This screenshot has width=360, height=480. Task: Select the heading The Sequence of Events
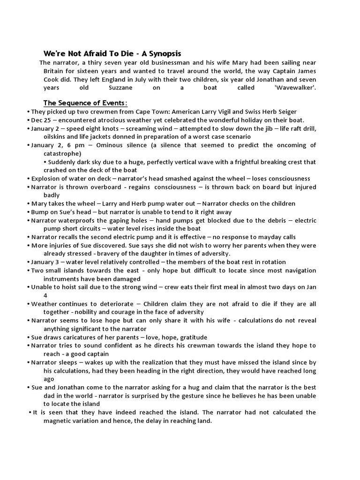[x=85, y=103]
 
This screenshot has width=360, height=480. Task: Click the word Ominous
[x=111, y=145]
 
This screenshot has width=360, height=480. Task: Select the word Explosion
[x=46, y=179]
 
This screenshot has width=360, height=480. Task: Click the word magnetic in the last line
[x=60, y=420]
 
